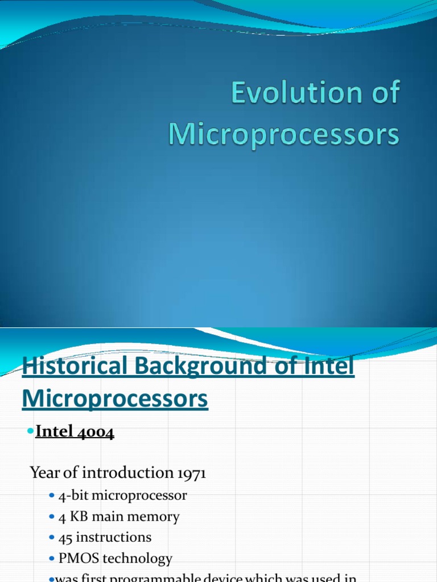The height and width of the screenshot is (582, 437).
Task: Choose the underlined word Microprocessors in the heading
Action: [115, 399]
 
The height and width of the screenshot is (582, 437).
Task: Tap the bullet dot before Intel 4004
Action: [31, 433]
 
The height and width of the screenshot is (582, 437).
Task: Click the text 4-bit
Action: [73, 496]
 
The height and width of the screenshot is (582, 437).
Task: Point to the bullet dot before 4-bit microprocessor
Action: [53, 496]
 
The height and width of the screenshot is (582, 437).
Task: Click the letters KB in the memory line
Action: [78, 517]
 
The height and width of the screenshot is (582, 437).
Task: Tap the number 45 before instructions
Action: [65, 537]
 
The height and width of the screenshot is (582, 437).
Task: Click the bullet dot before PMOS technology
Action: [53, 559]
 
